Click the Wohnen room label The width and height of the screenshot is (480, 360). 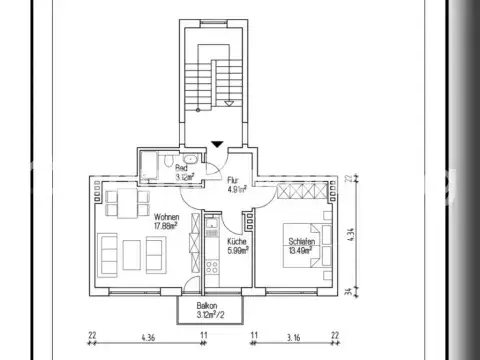[166, 216]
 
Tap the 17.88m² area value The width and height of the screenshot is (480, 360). [166, 226]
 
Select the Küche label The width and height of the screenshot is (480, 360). [236, 241]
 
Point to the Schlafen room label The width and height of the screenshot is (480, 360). [303, 241]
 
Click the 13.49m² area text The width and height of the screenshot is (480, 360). [303, 251]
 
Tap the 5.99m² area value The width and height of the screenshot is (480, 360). [237, 251]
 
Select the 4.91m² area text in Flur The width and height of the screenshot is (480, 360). [237, 188]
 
